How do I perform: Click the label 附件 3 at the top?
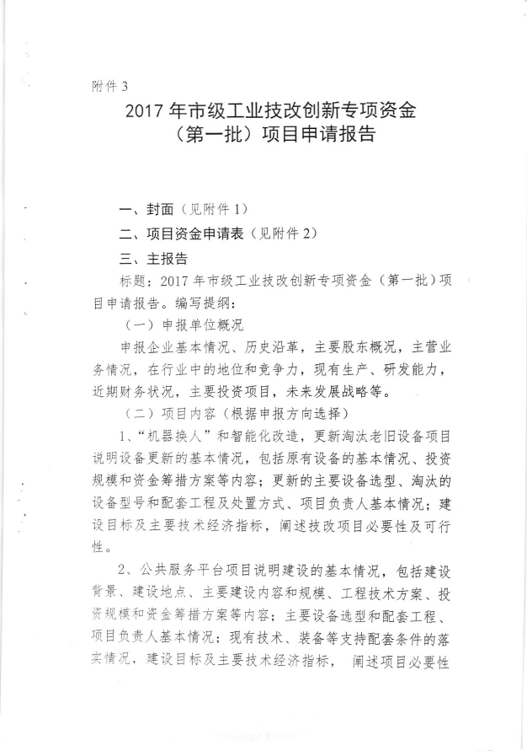(x=109, y=85)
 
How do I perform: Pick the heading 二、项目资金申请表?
(x=183, y=234)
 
